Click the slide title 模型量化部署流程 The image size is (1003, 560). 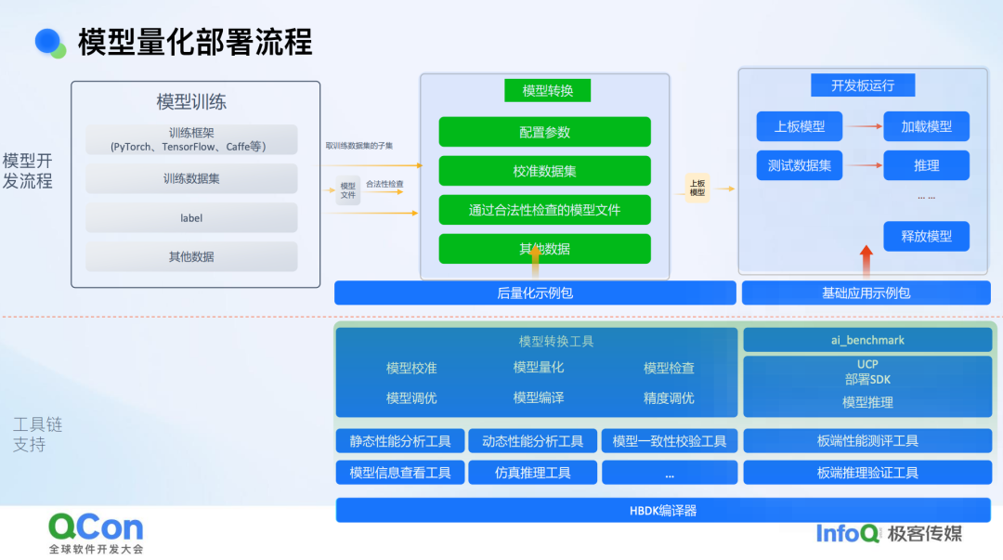tap(195, 42)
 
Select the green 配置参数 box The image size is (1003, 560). tap(544, 132)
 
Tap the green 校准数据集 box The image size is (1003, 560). tap(544, 171)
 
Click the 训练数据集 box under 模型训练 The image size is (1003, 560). tap(191, 178)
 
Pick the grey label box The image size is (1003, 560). tap(191, 217)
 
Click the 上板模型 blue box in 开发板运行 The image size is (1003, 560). tap(799, 126)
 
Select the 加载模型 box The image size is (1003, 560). tap(926, 126)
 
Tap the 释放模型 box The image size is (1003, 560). tap(926, 236)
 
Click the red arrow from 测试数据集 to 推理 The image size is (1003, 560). tap(864, 165)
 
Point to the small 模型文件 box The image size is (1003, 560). tap(347, 189)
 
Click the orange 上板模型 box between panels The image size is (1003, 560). tap(697, 188)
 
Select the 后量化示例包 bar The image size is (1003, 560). tap(535, 293)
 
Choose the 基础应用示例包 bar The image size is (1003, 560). tap(866, 293)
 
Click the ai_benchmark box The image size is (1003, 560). tap(867, 340)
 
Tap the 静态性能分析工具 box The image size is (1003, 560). tap(399, 441)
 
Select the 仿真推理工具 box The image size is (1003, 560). tap(532, 473)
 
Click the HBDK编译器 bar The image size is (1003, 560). tap(662, 510)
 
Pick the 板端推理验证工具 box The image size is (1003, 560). tap(867, 473)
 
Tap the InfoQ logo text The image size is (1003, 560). tap(848, 533)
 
